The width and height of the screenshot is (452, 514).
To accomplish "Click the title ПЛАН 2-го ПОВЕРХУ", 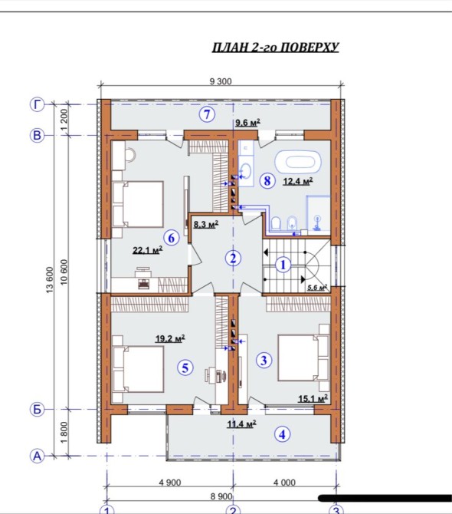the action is tap(275, 48).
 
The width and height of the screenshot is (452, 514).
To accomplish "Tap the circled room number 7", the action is tap(207, 115).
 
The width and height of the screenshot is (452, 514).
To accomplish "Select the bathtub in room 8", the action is tap(298, 162).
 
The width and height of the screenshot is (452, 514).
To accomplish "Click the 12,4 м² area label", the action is tap(298, 180).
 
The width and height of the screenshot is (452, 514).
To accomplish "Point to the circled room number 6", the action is tap(172, 238).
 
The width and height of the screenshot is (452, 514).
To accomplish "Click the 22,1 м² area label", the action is tap(148, 250).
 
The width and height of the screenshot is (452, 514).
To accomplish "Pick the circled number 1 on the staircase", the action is tap(283, 265).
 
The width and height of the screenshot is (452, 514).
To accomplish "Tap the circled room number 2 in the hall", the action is tap(233, 259).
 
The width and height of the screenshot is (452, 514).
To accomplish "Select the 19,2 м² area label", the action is tap(170, 338).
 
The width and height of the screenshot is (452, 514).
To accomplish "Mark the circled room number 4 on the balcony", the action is tap(282, 434).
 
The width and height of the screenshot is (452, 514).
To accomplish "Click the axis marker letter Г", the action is tap(38, 104).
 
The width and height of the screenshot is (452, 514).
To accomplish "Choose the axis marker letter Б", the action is tap(37, 409).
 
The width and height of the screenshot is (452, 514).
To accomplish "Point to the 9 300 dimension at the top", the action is tap(221, 81).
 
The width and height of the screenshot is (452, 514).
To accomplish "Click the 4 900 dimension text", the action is tap(170, 483).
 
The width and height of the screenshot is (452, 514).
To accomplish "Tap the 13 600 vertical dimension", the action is tap(50, 280).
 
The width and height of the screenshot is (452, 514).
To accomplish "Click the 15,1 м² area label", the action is tap(313, 399).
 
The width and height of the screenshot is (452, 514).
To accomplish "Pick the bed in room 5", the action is tap(137, 369).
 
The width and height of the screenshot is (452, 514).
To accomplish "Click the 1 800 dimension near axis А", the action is tap(64, 432).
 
